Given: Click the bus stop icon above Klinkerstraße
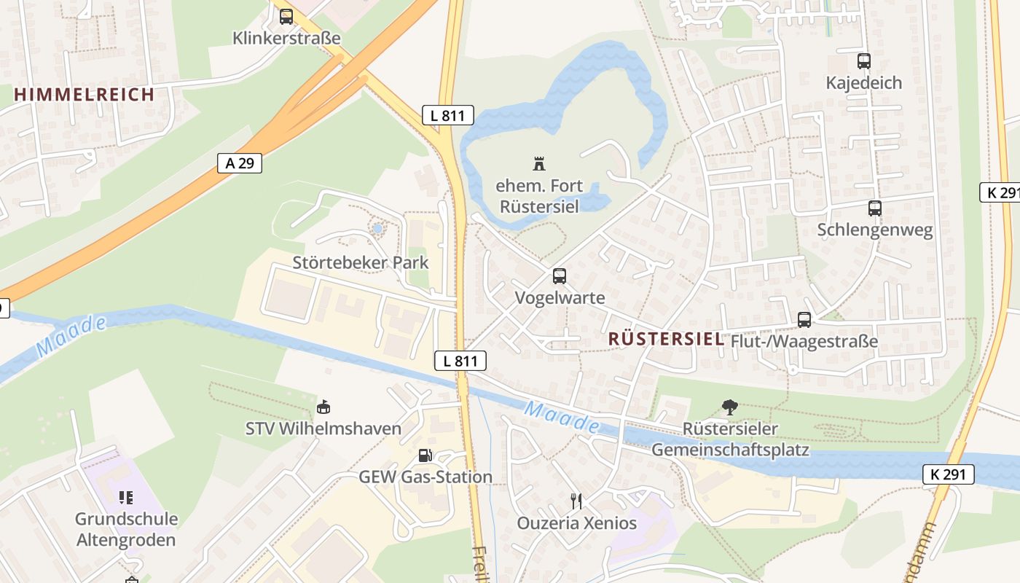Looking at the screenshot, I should tap(286, 16).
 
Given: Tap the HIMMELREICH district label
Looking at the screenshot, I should tap(84, 94).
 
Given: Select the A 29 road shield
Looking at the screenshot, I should tap(240, 163).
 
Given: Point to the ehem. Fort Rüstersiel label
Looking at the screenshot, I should tap(538, 196).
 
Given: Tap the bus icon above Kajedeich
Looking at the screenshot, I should tap(864, 61).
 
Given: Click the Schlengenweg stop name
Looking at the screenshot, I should tap(874, 230).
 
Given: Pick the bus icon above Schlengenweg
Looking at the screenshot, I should tap(874, 208).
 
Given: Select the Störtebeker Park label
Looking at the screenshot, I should tap(361, 262).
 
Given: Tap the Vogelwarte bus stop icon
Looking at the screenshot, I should tap(560, 276).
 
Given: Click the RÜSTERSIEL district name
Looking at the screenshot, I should tap(665, 339).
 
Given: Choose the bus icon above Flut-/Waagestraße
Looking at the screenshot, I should tap(804, 319).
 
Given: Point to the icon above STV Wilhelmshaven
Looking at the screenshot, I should tap(323, 407).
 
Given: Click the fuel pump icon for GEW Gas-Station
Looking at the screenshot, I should tap(425, 455).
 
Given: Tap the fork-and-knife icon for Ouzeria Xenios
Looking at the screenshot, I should tap(576, 501).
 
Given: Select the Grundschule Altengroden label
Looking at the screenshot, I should tap(126, 530).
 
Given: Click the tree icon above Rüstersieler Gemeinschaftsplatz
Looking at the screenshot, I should tap(729, 407).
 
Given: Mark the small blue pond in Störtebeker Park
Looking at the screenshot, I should tap(377, 229).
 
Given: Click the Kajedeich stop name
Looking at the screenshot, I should tap(863, 83).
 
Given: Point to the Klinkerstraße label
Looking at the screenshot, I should tap(286, 38).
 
